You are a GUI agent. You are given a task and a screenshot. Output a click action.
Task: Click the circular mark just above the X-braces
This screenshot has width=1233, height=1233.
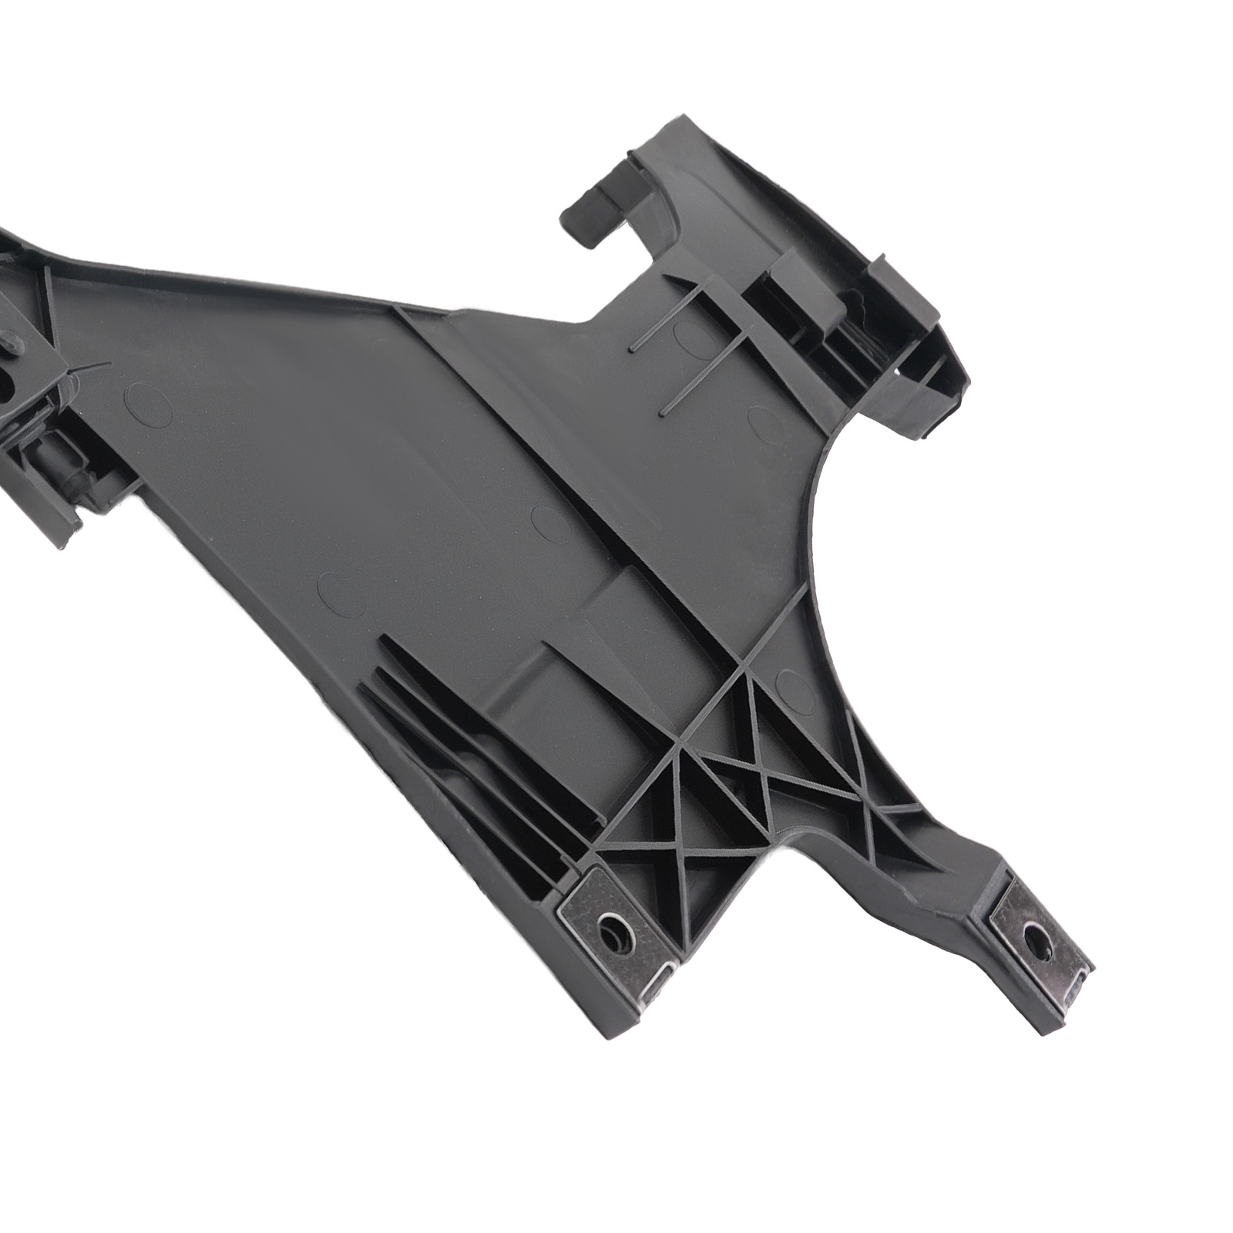[x=794, y=688]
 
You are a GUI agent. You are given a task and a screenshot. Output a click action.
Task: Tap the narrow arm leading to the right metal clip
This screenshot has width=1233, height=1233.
[x=925, y=855]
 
